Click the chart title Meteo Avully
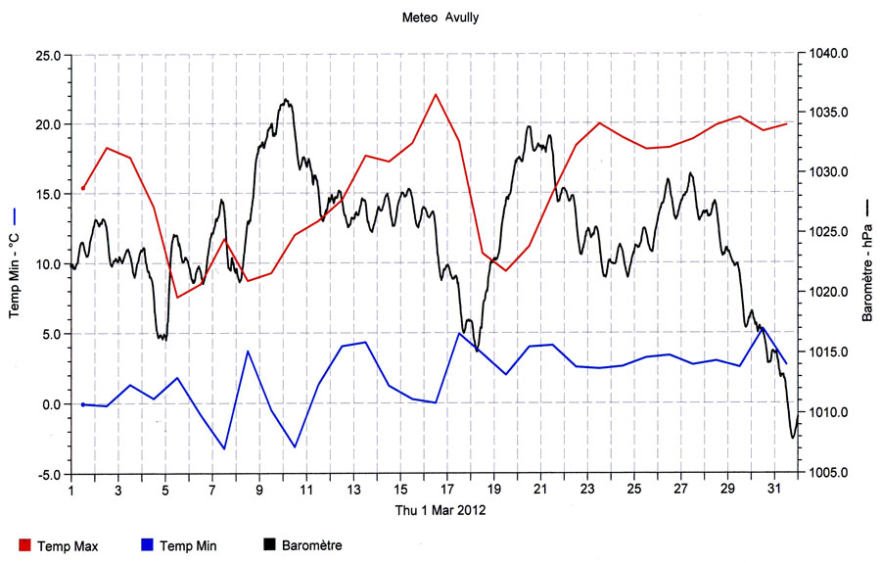pos(440,17)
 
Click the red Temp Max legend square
pos(24,545)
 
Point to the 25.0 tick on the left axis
pos(48,55)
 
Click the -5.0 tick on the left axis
pos(48,474)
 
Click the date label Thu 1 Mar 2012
pos(440,510)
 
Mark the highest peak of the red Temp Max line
pos(436,94)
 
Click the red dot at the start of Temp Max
pos(83,188)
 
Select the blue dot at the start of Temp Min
pos(83,404)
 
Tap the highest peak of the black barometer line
pos(285,99)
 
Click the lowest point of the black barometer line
pos(793,438)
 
